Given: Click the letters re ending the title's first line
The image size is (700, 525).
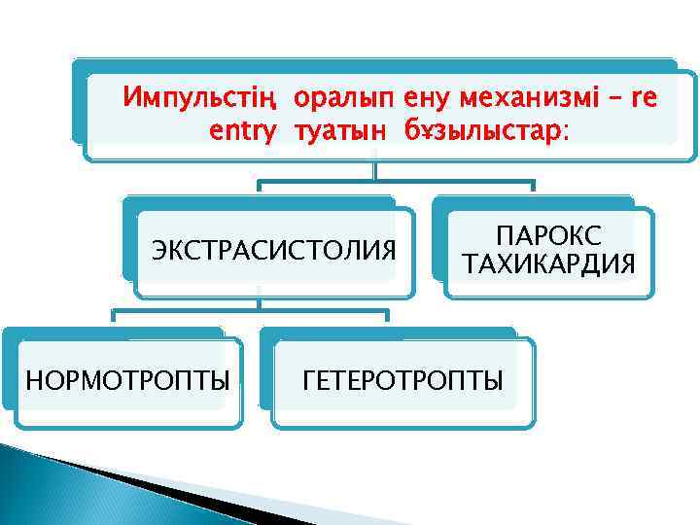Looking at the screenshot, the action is click(x=644, y=99).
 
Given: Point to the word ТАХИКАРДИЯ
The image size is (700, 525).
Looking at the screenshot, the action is click(x=548, y=264).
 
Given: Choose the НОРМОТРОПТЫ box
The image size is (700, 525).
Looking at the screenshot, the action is click(x=127, y=380).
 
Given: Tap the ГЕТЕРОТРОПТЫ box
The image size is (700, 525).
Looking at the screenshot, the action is click(x=403, y=380).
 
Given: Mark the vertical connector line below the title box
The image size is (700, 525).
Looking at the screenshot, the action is click(x=375, y=169).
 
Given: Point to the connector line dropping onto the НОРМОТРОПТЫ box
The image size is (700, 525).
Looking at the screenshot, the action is click(x=115, y=319).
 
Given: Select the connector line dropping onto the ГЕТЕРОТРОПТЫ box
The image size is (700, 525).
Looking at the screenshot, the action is click(x=388, y=319).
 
